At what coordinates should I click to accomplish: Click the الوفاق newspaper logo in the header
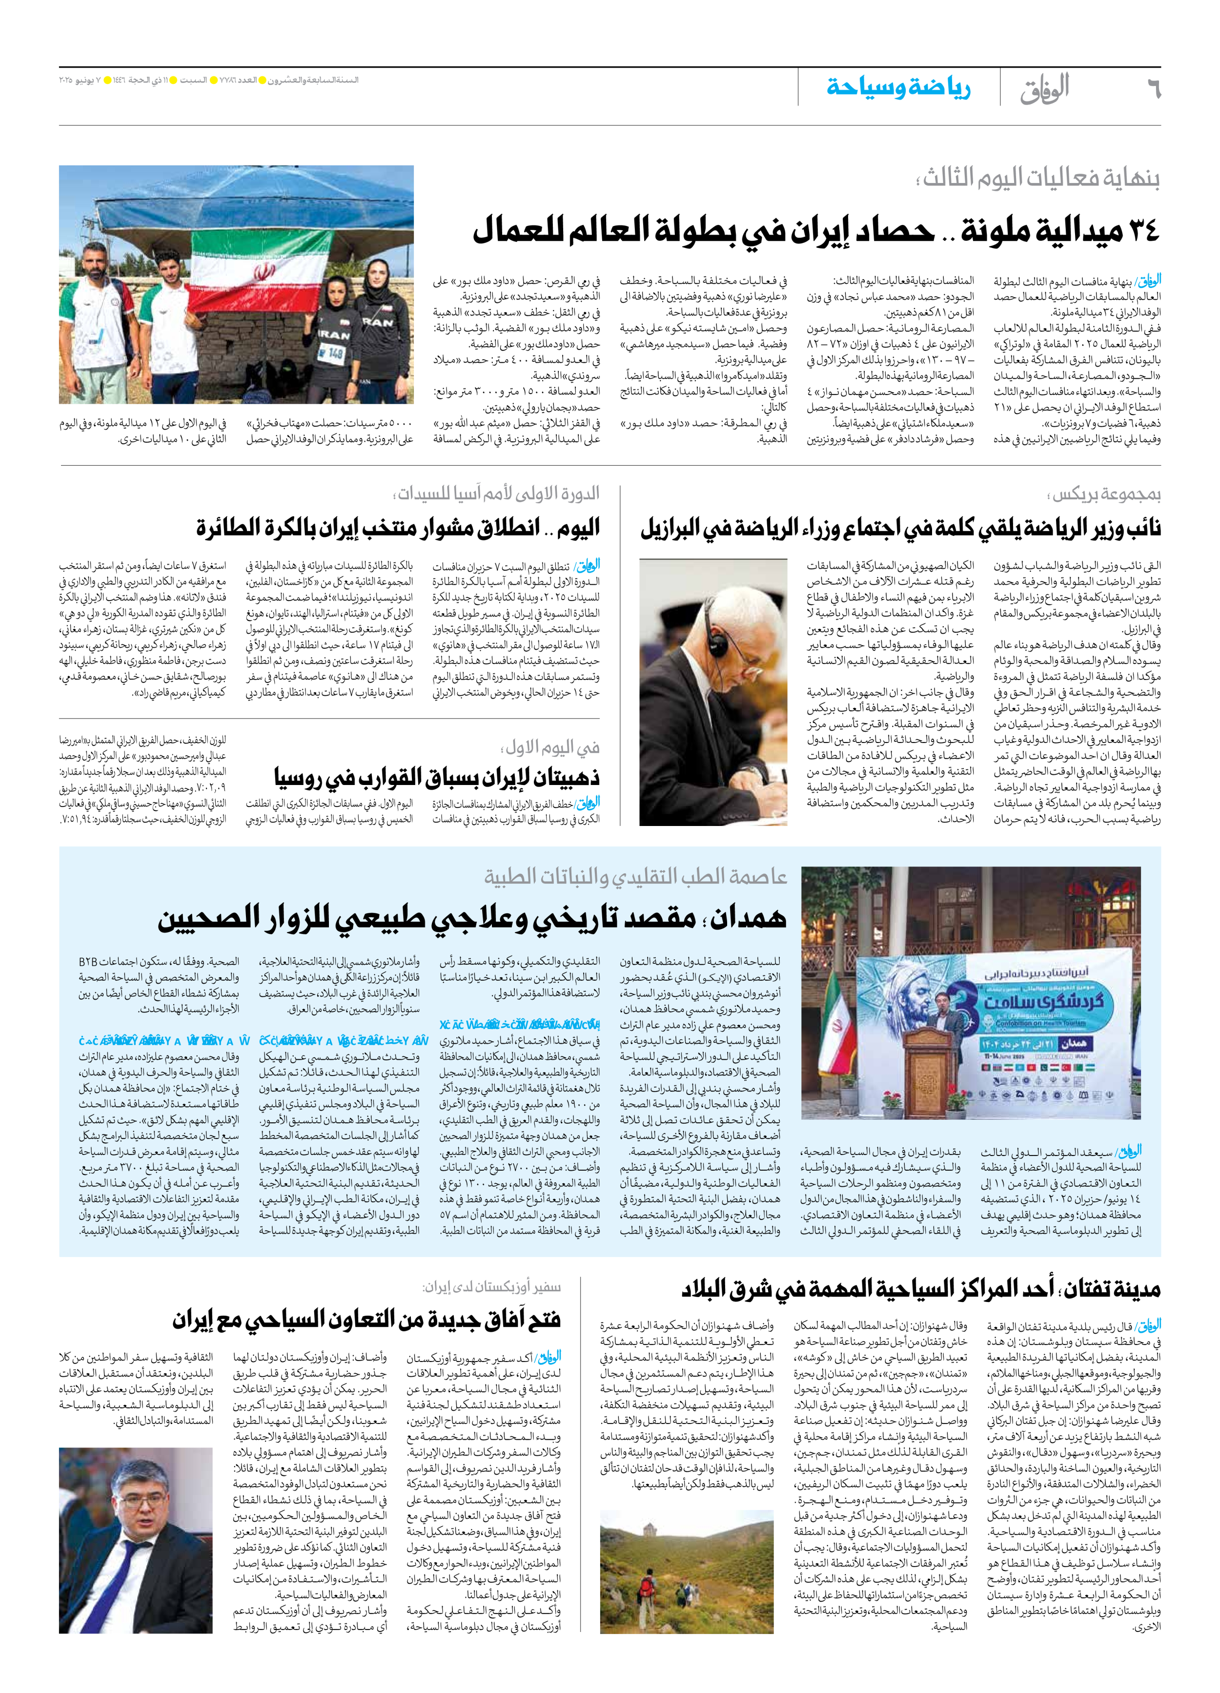point(1045,88)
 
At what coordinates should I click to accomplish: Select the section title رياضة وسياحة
point(898,87)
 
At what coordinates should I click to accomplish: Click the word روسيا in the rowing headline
point(299,777)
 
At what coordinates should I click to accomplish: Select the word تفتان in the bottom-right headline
point(1086,1288)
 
